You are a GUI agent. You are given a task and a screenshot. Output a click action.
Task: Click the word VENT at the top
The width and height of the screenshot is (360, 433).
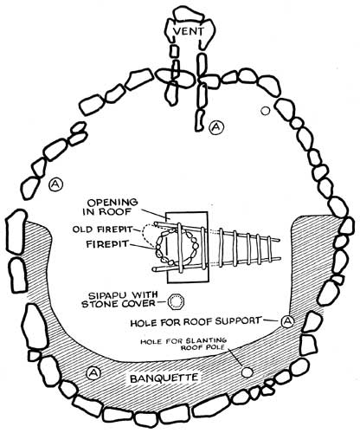[189, 31]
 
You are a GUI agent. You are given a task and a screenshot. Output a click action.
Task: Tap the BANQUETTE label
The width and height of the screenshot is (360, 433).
[164, 378]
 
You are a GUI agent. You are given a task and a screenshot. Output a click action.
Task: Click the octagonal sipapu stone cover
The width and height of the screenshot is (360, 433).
[176, 302]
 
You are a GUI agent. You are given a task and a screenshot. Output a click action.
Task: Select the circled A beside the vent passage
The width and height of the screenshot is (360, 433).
[216, 127]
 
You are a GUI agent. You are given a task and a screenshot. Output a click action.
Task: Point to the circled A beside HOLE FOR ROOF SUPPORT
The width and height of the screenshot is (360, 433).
[287, 320]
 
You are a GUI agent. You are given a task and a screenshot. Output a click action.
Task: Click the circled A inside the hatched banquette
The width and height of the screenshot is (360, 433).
[93, 372]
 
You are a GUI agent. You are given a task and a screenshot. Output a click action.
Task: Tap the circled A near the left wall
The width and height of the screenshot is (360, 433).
[55, 184]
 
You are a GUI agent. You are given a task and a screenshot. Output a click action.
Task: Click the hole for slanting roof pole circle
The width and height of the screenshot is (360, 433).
[247, 372]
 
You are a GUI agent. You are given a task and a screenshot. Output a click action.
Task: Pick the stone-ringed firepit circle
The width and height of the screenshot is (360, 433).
[177, 247]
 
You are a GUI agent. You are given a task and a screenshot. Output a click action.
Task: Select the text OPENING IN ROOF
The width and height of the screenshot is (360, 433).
[110, 207]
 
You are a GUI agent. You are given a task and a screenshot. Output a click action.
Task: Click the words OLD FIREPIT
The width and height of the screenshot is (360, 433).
[102, 229]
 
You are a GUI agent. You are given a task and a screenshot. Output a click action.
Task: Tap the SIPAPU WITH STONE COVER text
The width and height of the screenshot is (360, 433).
[119, 300]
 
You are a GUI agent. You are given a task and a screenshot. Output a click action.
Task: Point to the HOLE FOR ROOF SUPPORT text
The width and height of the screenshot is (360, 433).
[196, 322]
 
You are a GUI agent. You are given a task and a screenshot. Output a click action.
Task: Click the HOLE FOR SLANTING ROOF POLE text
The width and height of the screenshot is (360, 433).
[183, 344]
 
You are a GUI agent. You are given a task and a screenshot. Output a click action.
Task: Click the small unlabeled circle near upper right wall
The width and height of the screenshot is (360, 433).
[265, 111]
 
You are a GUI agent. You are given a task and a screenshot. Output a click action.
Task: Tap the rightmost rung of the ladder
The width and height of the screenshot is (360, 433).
[270, 249]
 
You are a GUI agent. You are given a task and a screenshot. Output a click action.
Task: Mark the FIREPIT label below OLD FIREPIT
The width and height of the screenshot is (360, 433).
[107, 244]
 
